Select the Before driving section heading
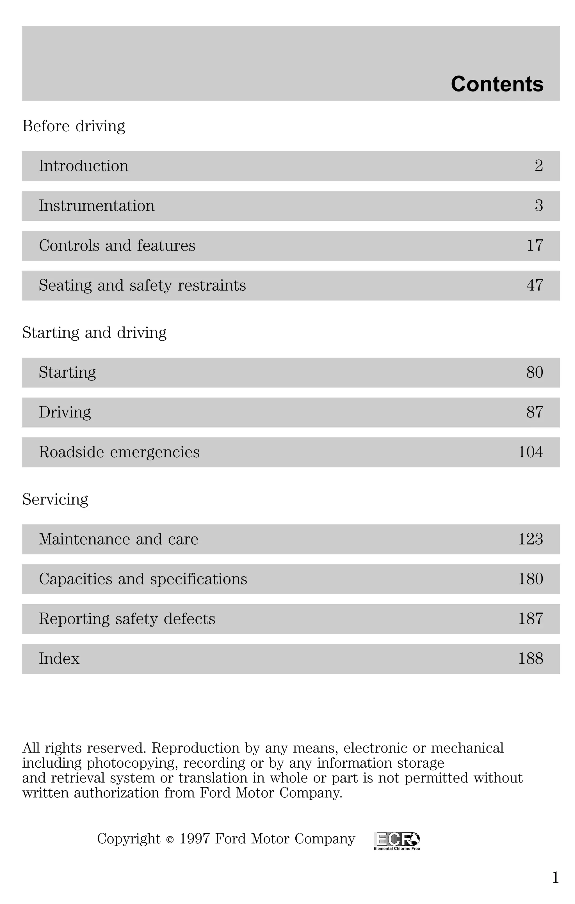pos(74,126)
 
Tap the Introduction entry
pos(84,166)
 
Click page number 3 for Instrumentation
pos(539,206)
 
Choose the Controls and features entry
pos(117,245)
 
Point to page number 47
pos(535,285)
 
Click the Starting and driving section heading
pos(94,333)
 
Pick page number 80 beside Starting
pos(535,372)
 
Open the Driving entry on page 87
pos(65,412)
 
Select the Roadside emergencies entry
pos(119,452)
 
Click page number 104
pos(530,452)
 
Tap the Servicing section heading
pos(55,499)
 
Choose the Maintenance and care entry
pos(118,539)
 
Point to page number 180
pos(530,579)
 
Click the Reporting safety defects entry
pos(127,619)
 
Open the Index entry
pos(59,659)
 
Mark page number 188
pos(530,659)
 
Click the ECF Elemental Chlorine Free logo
pos(397,841)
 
